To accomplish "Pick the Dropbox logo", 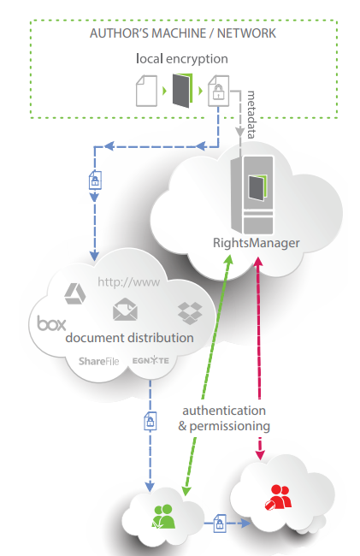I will point(189,312).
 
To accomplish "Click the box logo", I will point(52,323).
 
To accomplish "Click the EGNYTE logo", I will point(151,362).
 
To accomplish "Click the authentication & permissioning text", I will point(224,417).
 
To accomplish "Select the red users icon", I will point(280,496).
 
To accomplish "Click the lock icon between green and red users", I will point(221,521).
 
